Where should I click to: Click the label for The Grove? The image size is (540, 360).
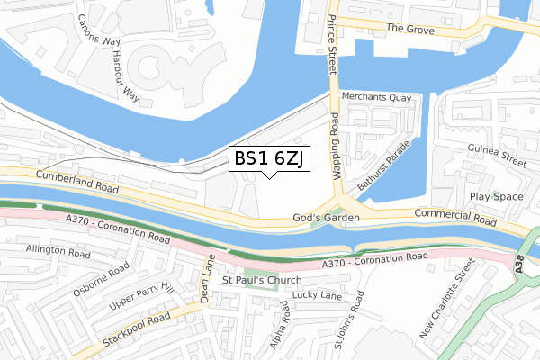coord(409,28)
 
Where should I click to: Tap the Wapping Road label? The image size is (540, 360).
coord(336,148)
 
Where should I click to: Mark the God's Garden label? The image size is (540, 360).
coord(327,218)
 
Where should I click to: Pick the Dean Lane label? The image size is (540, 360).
coord(208,282)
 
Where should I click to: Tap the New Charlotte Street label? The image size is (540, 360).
coord(447,299)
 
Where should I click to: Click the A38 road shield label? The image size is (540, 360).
coord(522,261)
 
